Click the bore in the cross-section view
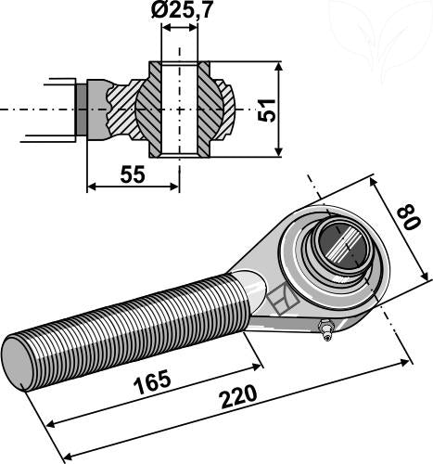(180, 109)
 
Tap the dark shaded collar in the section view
(83, 109)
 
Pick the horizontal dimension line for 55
(133, 187)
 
